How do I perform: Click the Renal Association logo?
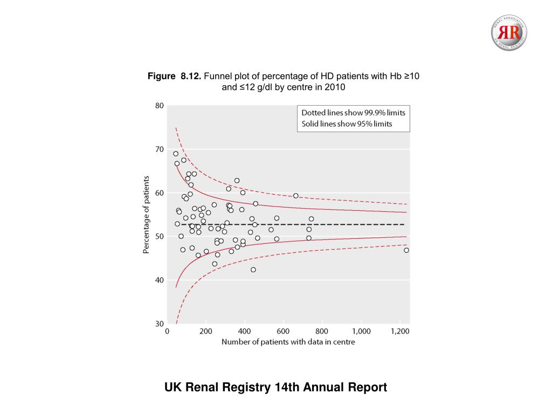(509, 33)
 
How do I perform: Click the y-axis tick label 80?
(160, 106)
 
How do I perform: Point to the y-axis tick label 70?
(160, 149)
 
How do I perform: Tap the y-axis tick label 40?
(160, 280)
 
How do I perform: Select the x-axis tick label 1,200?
(399, 331)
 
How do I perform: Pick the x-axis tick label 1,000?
(361, 331)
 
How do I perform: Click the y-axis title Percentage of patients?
(146, 215)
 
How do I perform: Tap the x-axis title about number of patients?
(288, 342)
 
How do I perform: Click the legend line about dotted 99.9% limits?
(353, 113)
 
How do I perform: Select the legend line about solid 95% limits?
(347, 124)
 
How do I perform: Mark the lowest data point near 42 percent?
(253, 270)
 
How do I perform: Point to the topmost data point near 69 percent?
(176, 154)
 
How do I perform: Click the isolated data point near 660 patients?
(296, 196)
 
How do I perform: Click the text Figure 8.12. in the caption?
(174, 77)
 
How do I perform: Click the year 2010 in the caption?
(334, 87)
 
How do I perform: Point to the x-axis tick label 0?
(167, 331)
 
